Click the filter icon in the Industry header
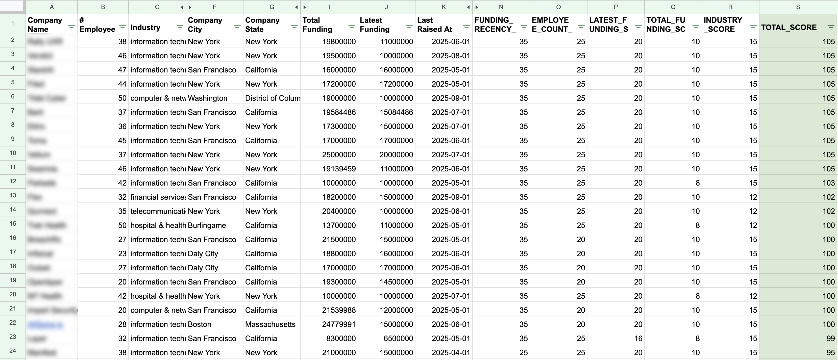tap(180, 27)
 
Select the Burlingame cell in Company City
tap(207, 225)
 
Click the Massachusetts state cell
tap(270, 324)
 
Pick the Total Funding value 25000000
tap(339, 155)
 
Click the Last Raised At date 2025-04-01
tap(451, 352)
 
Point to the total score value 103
tap(828, 183)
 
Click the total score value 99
tap(830, 339)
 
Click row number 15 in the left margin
tap(13, 224)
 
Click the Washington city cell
tap(208, 98)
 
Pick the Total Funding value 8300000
tap(341, 339)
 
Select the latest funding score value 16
tap(638, 339)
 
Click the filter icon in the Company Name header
tap(71, 27)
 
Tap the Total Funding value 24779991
tap(339, 324)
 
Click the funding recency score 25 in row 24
tap(523, 352)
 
